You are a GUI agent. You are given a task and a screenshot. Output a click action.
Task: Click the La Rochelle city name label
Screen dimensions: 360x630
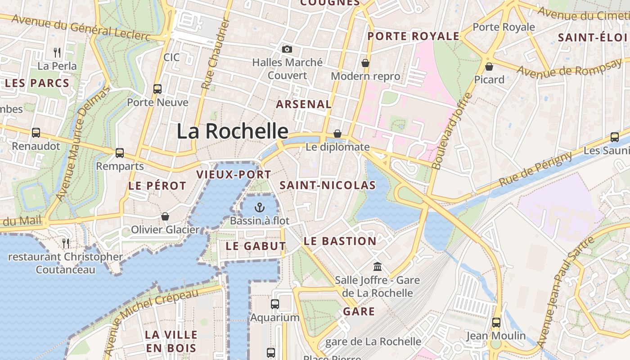pos(232,131)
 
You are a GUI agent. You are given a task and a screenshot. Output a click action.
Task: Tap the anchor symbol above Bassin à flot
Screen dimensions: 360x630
pos(259,207)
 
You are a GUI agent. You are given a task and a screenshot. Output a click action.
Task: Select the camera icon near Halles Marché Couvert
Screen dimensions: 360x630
pos(287,49)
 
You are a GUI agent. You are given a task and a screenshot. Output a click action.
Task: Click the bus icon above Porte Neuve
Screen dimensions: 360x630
pos(157,89)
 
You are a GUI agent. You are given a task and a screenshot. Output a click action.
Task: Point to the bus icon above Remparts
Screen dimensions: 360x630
pos(119,153)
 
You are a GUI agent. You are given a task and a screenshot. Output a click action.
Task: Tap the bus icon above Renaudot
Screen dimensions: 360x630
pos(36,133)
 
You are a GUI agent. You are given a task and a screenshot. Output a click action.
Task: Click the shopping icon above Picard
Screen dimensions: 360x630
pos(489,67)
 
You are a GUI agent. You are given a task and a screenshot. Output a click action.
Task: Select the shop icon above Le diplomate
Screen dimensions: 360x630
pos(337,134)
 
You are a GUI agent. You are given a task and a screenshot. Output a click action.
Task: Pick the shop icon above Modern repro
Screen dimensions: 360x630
pos(365,63)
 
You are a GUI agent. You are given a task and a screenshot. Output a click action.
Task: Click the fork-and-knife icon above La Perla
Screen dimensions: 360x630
pos(57,53)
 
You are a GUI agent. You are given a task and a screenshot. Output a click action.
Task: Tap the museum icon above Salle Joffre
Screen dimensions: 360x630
pos(378,267)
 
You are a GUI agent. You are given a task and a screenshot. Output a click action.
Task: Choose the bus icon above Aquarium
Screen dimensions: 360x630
pos(275,304)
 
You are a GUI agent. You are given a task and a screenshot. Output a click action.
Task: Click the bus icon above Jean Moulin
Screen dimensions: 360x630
pos(496,323)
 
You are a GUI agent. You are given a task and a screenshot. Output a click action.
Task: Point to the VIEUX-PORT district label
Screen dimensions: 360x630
pos(234,175)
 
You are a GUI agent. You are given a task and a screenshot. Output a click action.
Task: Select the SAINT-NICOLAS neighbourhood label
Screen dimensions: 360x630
pos(328,185)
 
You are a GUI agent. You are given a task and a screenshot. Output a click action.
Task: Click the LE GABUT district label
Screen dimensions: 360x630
pos(256,246)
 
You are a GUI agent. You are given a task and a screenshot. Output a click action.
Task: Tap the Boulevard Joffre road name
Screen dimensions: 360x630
pos(452,131)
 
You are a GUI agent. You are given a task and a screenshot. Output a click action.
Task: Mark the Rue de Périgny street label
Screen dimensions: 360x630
pos(535,169)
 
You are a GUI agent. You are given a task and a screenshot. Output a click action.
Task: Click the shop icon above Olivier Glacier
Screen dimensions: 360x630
pos(165,216)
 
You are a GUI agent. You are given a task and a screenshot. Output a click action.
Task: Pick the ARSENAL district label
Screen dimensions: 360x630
pos(304,104)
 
